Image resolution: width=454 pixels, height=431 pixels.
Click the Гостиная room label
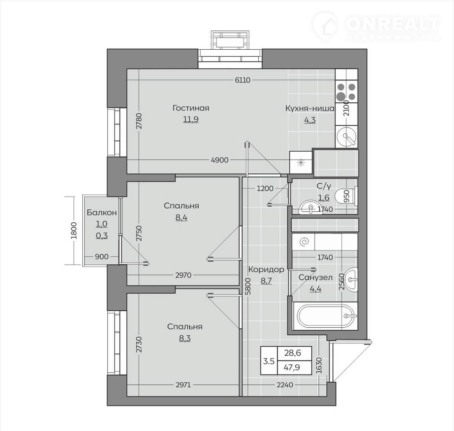pyautogui.click(x=191, y=108)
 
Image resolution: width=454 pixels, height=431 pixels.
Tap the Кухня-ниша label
pyautogui.click(x=310, y=108)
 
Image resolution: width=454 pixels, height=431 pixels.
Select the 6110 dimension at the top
pyautogui.click(x=242, y=80)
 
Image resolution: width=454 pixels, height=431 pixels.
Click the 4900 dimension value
pyautogui.click(x=220, y=160)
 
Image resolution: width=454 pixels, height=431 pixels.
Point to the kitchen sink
pyautogui.click(x=347, y=137)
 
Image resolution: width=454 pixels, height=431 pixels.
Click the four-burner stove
pyautogui.click(x=347, y=91)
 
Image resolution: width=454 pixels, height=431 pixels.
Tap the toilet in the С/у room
pyautogui.click(x=346, y=197)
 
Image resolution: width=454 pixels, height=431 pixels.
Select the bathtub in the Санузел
pyautogui.click(x=325, y=316)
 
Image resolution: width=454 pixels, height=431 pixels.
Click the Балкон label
pyautogui.click(x=102, y=213)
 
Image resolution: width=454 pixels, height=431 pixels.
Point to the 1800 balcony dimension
pyautogui.click(x=74, y=230)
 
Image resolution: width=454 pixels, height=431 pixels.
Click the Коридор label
pyautogui.click(x=266, y=270)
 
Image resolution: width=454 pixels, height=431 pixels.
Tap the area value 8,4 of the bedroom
pyautogui.click(x=181, y=217)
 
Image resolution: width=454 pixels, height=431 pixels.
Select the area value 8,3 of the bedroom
pyautogui.click(x=185, y=339)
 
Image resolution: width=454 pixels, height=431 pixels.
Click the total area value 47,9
pyautogui.click(x=292, y=368)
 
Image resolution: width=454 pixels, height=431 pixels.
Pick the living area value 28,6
pyautogui.click(x=292, y=353)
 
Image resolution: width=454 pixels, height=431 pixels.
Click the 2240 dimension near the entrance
pyautogui.click(x=285, y=385)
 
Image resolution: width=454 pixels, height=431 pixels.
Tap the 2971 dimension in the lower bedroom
pyautogui.click(x=183, y=385)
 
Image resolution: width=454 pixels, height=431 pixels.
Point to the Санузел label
pyautogui.click(x=315, y=278)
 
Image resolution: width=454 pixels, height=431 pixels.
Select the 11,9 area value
pyautogui.click(x=191, y=119)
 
